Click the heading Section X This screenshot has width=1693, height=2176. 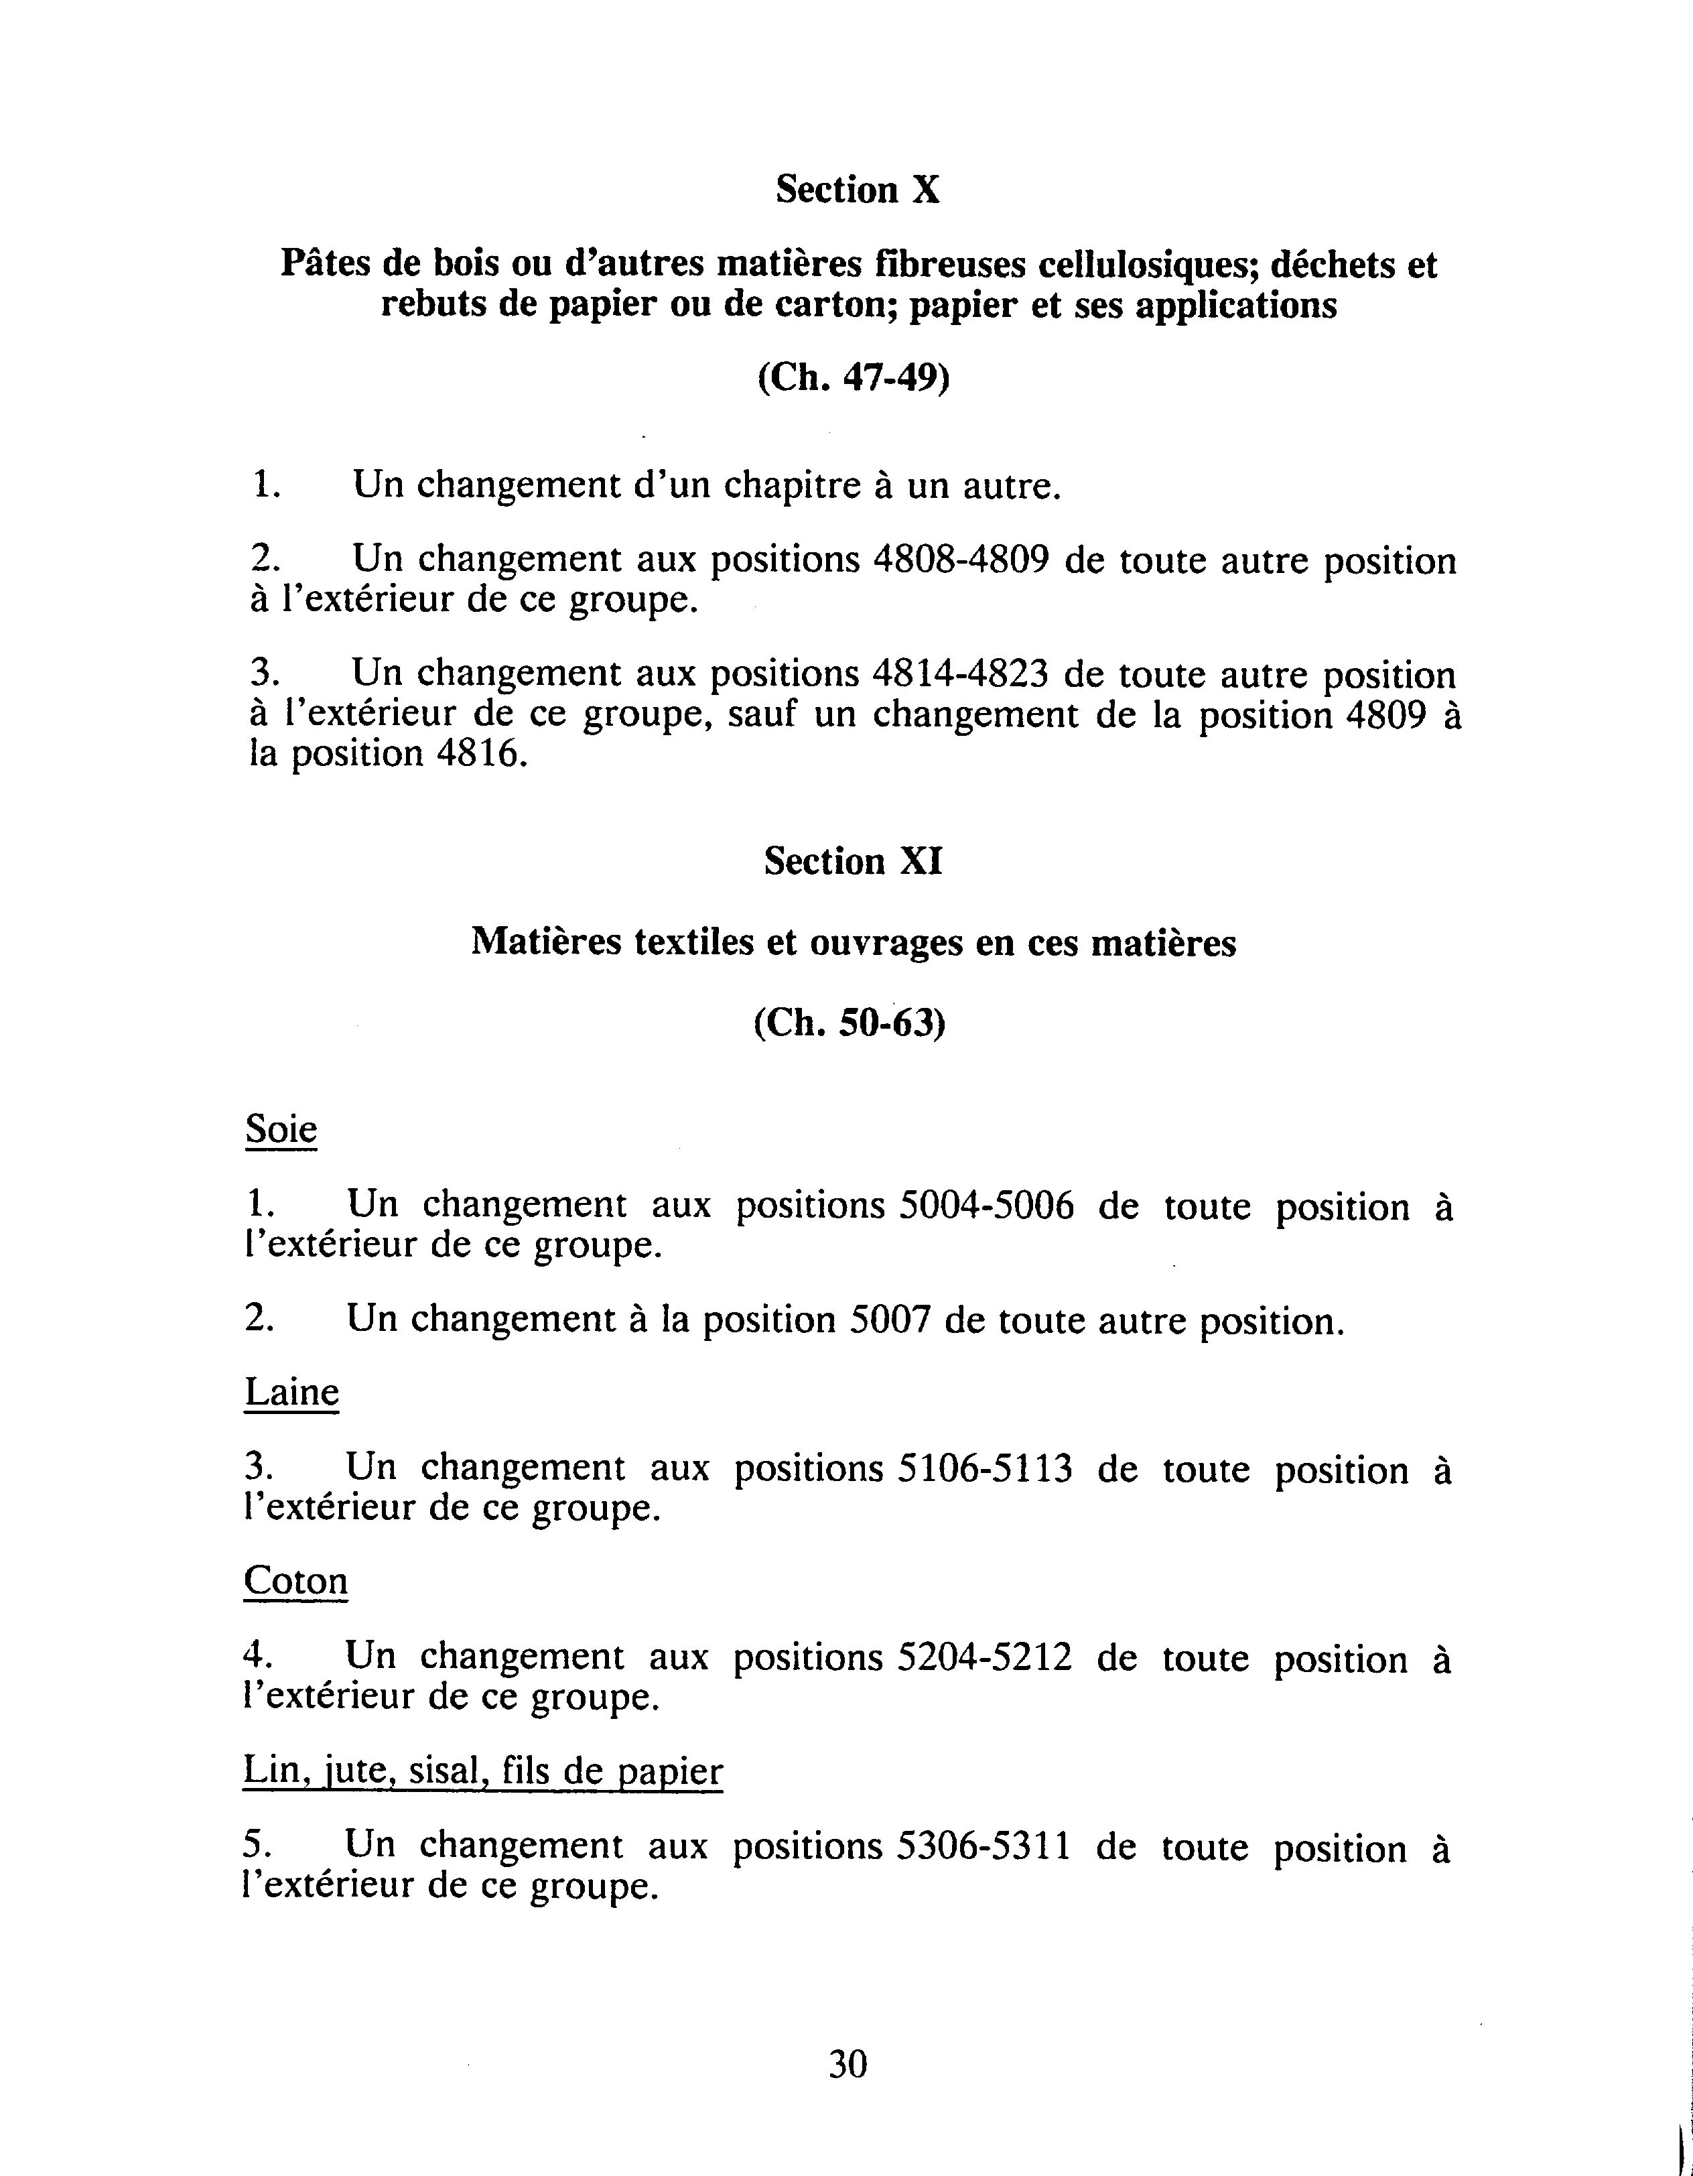858,189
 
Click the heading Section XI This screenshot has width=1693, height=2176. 852,861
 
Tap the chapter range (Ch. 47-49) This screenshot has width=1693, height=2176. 854,379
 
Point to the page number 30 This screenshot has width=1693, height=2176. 848,2064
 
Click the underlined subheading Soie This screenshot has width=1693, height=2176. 281,1130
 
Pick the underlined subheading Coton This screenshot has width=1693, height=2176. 295,1581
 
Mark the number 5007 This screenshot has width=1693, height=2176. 890,1320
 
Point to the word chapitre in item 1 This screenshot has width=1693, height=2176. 794,487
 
